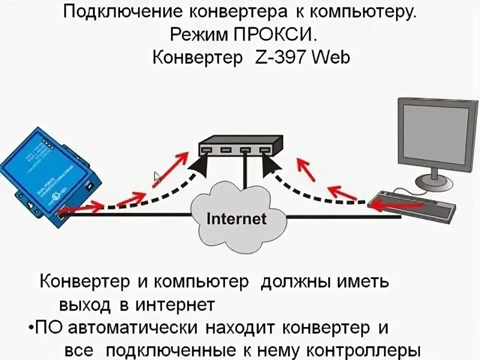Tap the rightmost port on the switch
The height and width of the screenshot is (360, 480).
(263, 149)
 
